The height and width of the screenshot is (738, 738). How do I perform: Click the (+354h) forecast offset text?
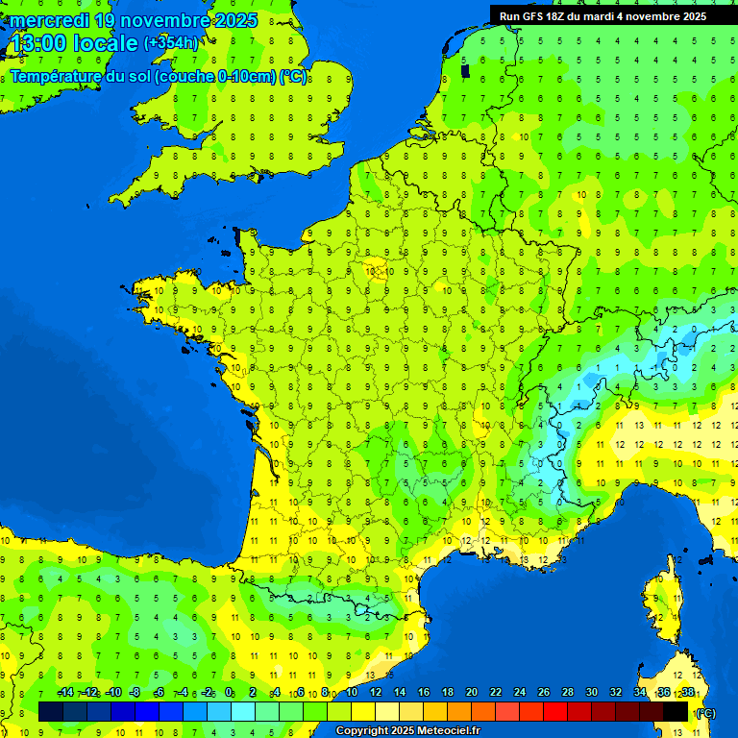[171, 43]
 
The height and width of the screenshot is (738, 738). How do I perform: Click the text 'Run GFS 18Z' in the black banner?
[534, 16]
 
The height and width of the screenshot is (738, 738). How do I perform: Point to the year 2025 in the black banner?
[688, 16]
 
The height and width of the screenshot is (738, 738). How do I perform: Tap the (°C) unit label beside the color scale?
[704, 713]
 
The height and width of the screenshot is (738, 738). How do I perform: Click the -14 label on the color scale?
[65, 693]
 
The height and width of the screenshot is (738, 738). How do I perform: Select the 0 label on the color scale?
[229, 693]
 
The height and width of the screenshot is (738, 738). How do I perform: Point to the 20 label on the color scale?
[471, 693]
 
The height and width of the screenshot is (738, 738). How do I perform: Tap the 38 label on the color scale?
[687, 693]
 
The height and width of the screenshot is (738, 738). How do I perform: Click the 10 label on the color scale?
[351, 693]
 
